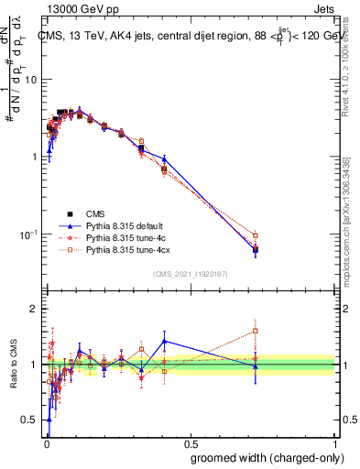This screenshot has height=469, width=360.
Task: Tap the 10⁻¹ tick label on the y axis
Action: pyautogui.click(x=31, y=234)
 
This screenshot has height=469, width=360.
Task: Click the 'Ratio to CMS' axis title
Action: pyautogui.click(x=15, y=364)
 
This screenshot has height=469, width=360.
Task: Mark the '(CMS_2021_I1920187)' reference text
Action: pyautogui.click(x=191, y=274)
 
